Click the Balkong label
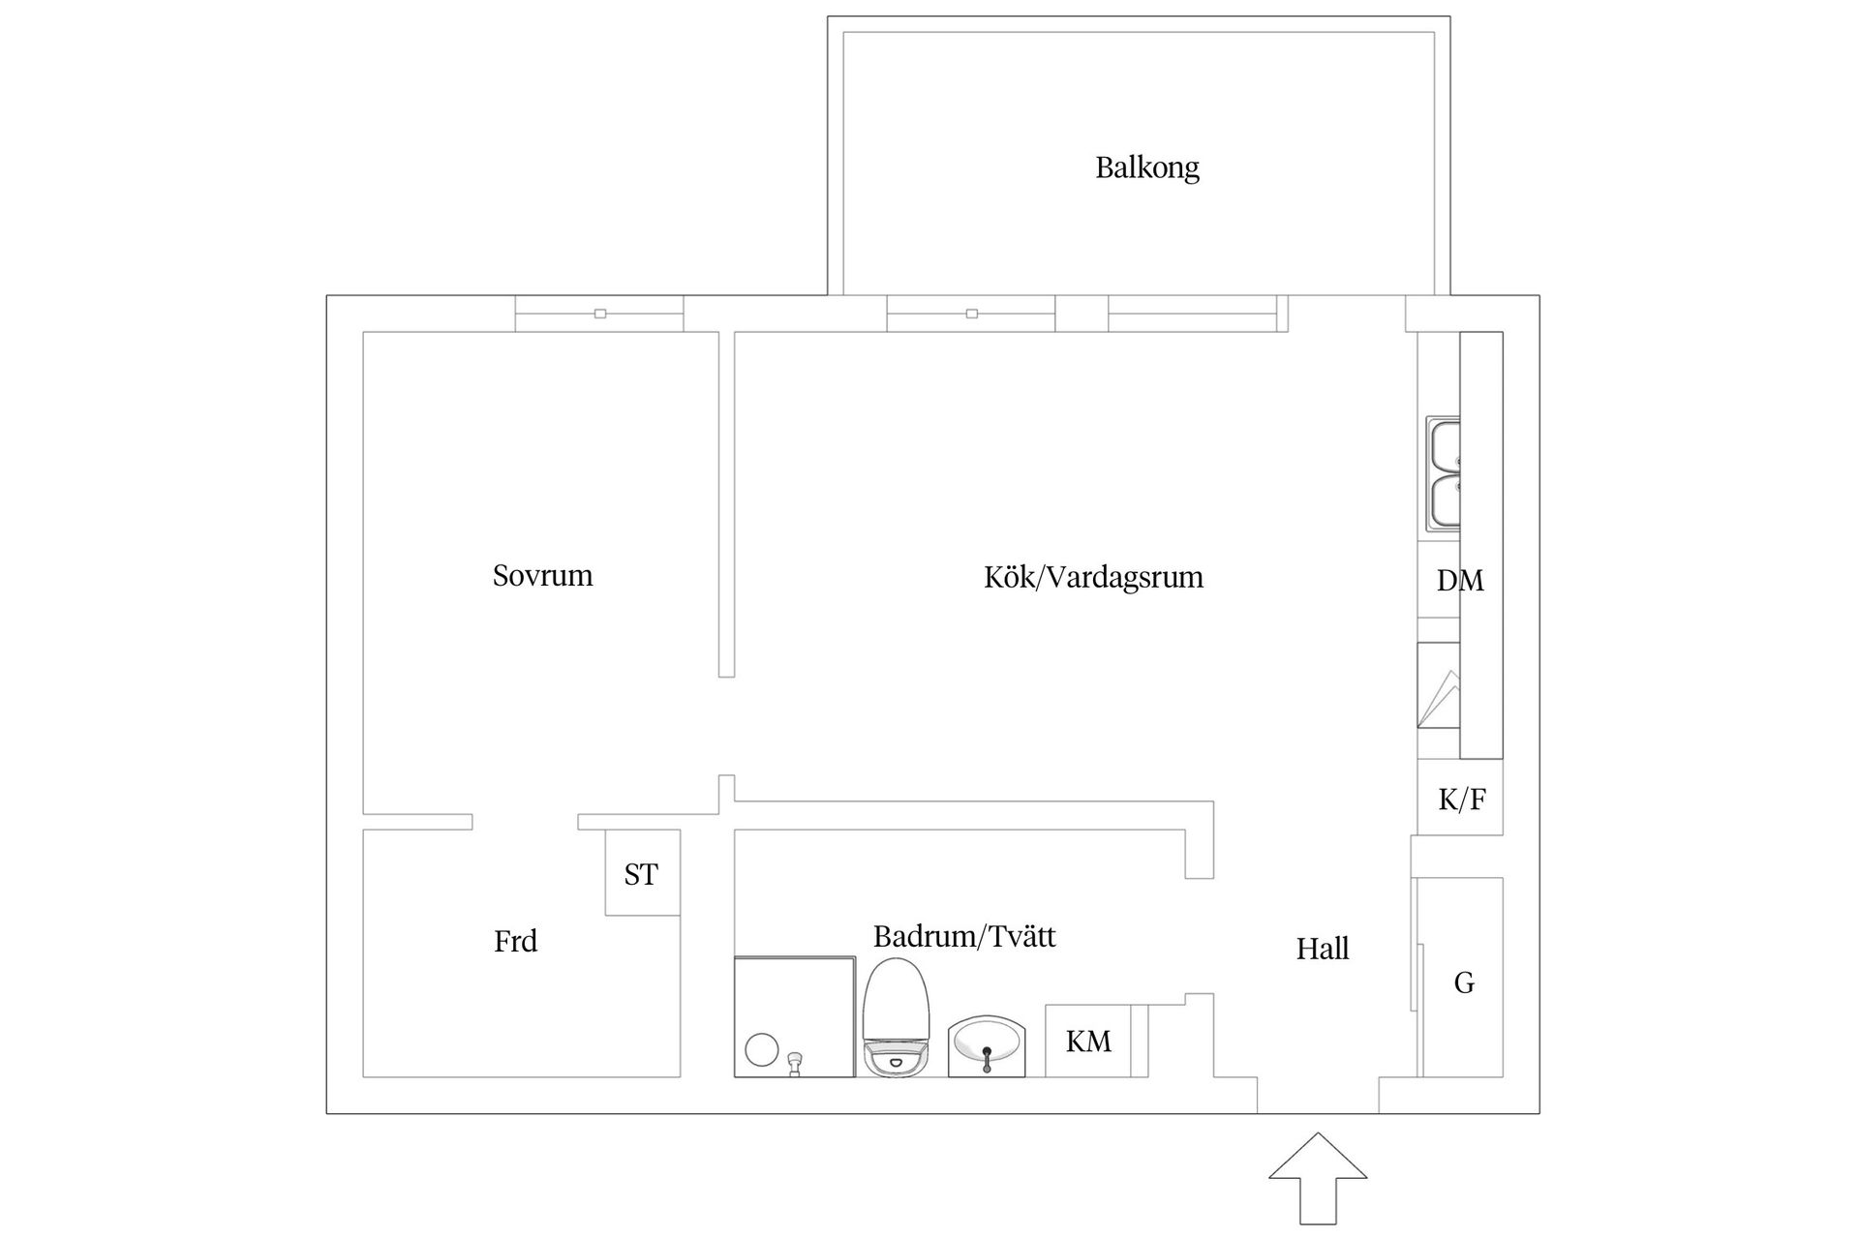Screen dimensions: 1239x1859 [x=1147, y=168]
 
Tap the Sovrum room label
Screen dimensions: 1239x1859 [x=542, y=576]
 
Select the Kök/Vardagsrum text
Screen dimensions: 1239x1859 [x=1093, y=578]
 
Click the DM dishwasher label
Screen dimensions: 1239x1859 [x=1460, y=581]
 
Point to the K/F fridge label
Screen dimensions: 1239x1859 [x=1462, y=800]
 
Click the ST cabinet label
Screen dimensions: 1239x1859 [x=641, y=875]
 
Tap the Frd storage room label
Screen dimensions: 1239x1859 [x=515, y=941]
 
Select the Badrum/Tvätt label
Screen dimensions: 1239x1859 [x=964, y=937]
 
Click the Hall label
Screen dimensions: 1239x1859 [x=1323, y=949]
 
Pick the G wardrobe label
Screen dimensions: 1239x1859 [x=1464, y=983]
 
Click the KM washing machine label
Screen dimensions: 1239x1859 [x=1088, y=1042]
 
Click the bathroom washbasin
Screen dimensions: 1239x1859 [x=987, y=1045]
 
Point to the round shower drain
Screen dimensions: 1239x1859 [x=762, y=1049]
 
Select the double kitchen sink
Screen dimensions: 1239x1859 [x=1444, y=474]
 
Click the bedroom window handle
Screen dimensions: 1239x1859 [x=600, y=314]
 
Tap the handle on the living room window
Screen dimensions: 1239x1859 [x=972, y=314]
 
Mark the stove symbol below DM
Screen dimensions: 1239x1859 [x=1439, y=698]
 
